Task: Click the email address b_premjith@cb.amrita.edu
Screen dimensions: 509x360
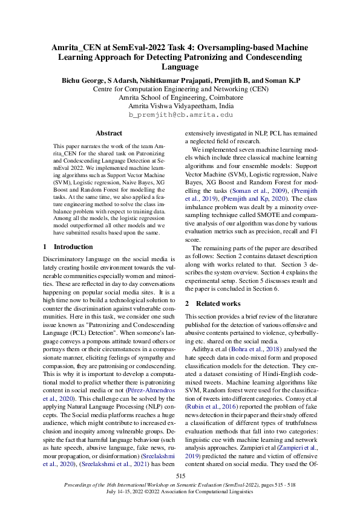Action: click(x=180, y=114)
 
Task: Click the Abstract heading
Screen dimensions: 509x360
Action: click(x=109, y=133)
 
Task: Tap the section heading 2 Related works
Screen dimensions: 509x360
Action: click(x=213, y=303)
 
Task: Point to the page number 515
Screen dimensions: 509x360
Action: click(x=180, y=477)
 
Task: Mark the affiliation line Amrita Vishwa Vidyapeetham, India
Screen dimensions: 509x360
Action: click(x=180, y=105)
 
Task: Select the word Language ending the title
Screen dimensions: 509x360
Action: click(x=180, y=66)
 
